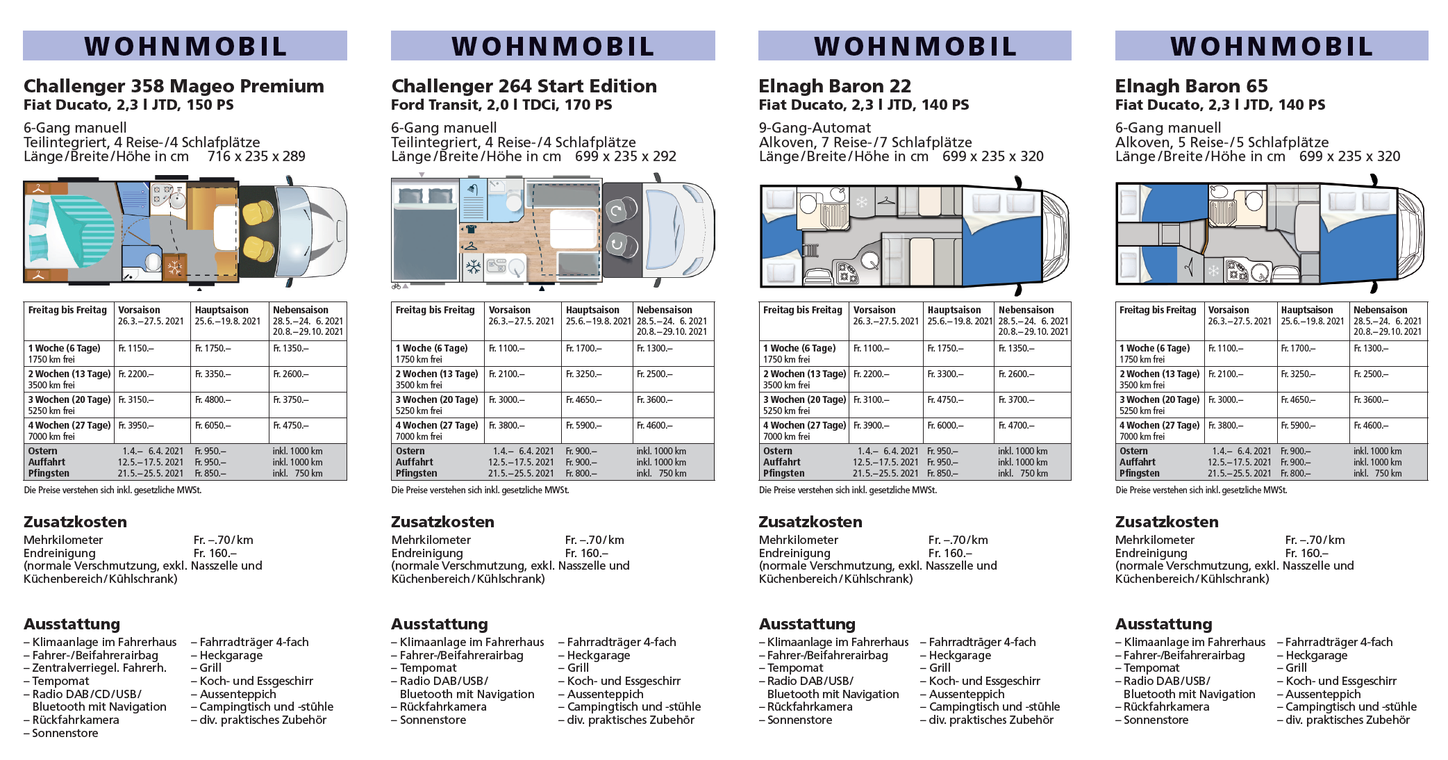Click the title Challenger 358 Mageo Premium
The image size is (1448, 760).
(174, 86)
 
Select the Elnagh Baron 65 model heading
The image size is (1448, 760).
(1191, 86)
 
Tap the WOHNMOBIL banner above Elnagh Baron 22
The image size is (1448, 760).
(915, 46)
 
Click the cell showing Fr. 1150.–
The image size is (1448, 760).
(136, 348)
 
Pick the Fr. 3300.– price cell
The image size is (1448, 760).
(945, 374)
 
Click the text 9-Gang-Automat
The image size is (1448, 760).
(815, 128)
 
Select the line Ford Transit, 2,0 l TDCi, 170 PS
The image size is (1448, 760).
(501, 105)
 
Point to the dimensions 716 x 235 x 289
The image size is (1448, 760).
(256, 156)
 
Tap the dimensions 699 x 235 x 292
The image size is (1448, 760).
(625, 156)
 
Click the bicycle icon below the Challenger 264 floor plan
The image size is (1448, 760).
(397, 286)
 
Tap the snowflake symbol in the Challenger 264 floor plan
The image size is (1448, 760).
(474, 267)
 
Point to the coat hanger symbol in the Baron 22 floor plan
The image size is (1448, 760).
(886, 201)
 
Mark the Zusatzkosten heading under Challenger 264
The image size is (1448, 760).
(442, 522)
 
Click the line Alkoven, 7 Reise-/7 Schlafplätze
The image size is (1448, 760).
(865, 142)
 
